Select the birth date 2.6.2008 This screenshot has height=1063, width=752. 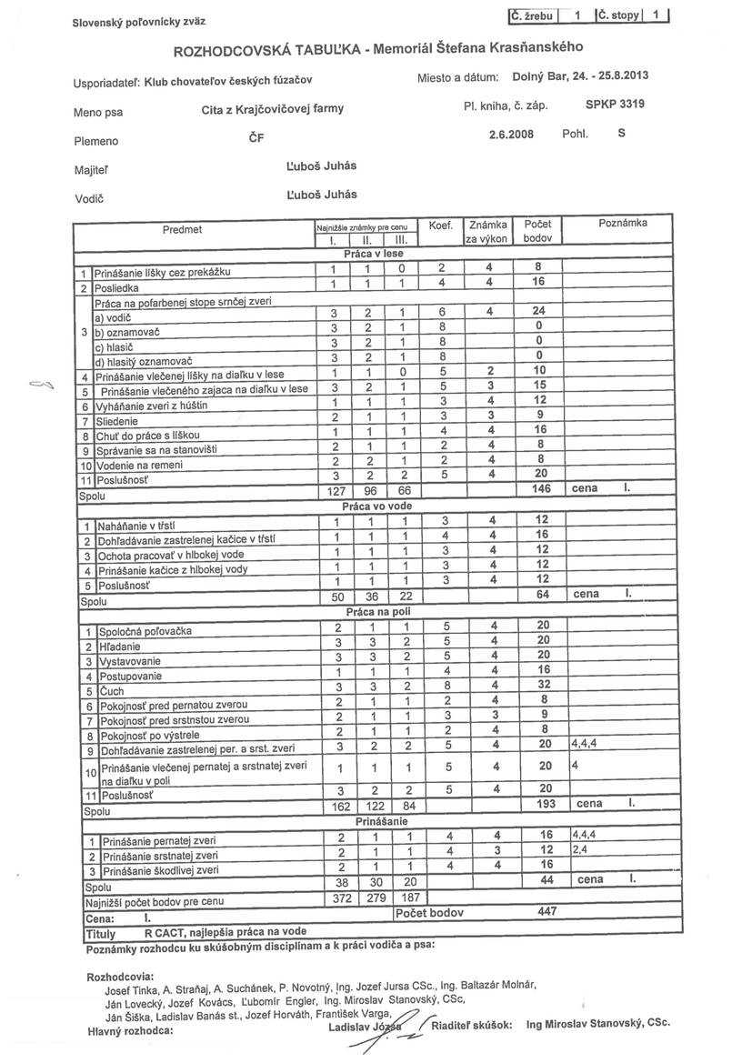click(510, 134)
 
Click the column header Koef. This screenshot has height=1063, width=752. click(440, 224)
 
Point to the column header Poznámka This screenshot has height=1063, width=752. click(622, 223)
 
